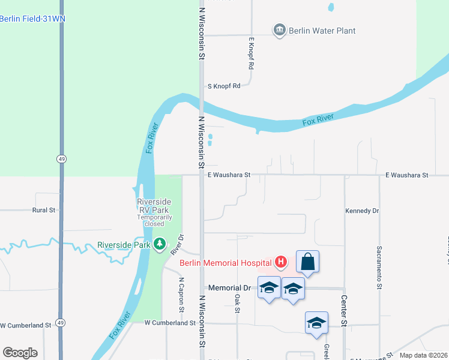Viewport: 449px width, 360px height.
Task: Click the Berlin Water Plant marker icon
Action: [x=279, y=31]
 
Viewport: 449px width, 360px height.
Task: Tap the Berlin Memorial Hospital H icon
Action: [x=280, y=262]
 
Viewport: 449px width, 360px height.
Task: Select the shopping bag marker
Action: [x=307, y=262]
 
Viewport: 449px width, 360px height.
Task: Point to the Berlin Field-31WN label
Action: [x=32, y=19]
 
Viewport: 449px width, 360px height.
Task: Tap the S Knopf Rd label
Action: [x=223, y=86]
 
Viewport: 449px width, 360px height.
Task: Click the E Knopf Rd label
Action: [x=252, y=53]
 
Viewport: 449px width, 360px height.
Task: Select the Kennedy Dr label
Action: [x=363, y=211]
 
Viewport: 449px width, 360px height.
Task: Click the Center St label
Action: [x=344, y=310]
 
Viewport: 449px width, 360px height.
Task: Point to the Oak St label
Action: [x=238, y=304]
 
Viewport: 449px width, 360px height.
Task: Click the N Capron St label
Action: [x=181, y=295]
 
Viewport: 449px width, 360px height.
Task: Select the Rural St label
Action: [x=43, y=210]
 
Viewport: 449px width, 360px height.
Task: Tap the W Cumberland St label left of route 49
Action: [x=25, y=325]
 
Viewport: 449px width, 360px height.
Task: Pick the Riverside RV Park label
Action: [x=154, y=202]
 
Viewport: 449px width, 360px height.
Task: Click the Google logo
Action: [x=20, y=353]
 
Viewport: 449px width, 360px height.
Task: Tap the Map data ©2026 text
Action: [x=423, y=355]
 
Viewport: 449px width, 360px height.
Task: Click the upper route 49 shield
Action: [x=61, y=158]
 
